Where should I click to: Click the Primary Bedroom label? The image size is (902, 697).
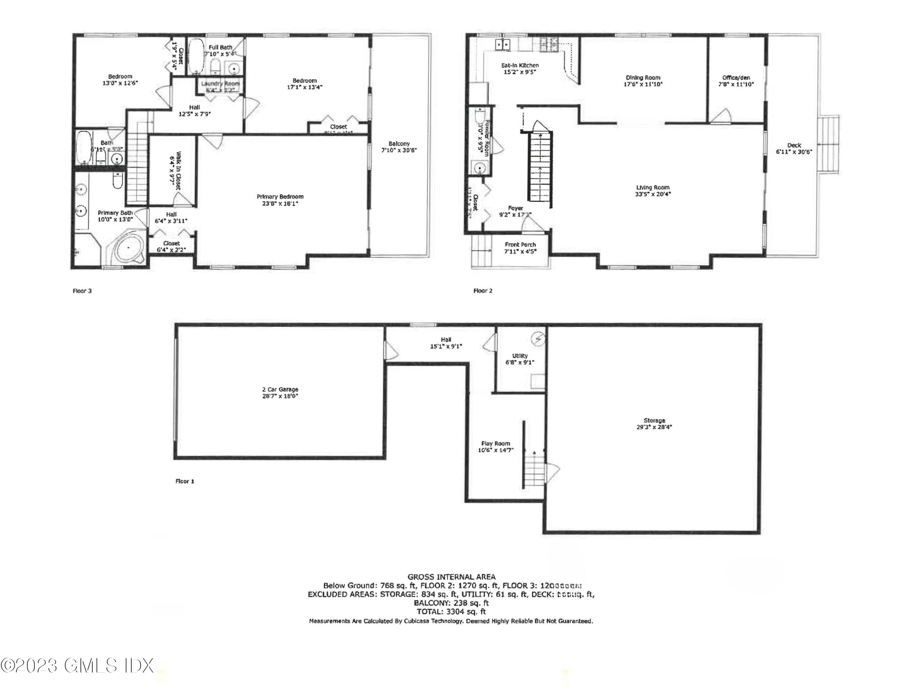[x=280, y=197]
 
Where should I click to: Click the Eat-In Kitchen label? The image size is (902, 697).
[x=520, y=65]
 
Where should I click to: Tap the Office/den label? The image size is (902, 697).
[x=736, y=78]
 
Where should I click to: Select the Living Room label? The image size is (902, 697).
[x=652, y=187]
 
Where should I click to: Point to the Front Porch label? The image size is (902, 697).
[x=520, y=244]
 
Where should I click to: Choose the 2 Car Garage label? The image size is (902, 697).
[x=280, y=389]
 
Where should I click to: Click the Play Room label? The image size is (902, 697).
[x=495, y=444]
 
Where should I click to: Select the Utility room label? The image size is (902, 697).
[x=520, y=356]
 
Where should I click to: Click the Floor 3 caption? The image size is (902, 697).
[x=82, y=291]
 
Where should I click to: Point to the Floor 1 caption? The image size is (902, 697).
[x=185, y=481]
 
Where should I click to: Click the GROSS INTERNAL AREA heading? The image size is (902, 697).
[x=451, y=577]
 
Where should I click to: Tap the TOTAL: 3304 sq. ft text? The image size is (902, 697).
[x=451, y=612]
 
